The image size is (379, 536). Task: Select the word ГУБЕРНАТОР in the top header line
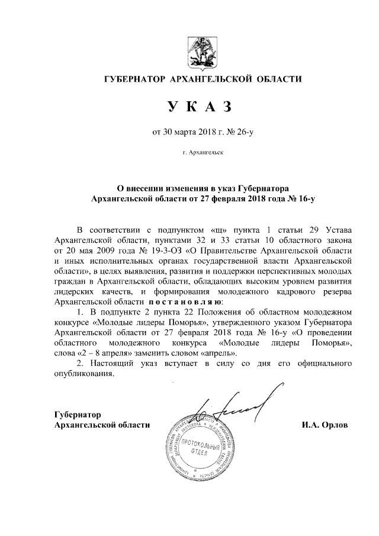click(134, 79)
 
